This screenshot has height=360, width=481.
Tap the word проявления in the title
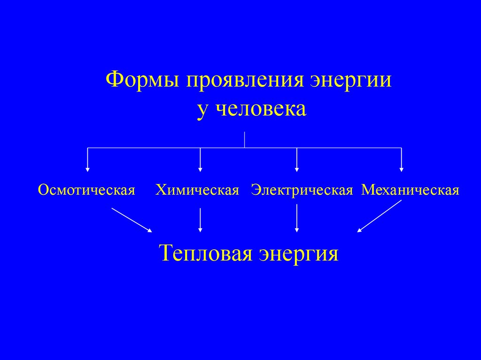[x=244, y=80]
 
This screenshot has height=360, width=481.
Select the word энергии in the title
[x=351, y=81]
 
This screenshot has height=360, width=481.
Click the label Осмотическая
[x=87, y=190]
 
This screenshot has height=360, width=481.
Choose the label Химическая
[x=198, y=190]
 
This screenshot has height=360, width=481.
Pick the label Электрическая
[x=302, y=190]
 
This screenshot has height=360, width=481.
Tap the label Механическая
[x=410, y=190]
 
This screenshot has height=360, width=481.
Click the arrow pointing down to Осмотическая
[x=87, y=160]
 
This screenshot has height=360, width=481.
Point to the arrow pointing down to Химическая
[x=201, y=160]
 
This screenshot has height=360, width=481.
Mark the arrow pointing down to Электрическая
[x=297, y=160]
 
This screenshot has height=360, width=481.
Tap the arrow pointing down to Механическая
[x=401, y=160]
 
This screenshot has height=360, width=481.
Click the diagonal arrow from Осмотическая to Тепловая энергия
[x=132, y=220]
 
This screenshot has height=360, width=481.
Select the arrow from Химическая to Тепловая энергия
[x=201, y=220]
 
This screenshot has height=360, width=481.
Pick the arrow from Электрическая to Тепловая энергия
[x=297, y=220]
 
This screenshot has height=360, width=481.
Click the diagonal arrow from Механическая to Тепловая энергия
[x=379, y=216]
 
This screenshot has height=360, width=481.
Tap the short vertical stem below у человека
[x=244, y=140]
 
